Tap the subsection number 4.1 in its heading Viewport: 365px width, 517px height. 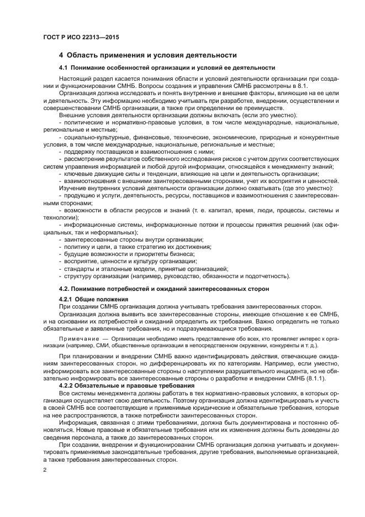coord(64,67)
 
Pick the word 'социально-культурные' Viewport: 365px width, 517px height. coord(92,137)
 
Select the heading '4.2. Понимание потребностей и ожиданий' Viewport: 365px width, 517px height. coord(163,289)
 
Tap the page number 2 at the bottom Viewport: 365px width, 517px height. coord(45,470)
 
